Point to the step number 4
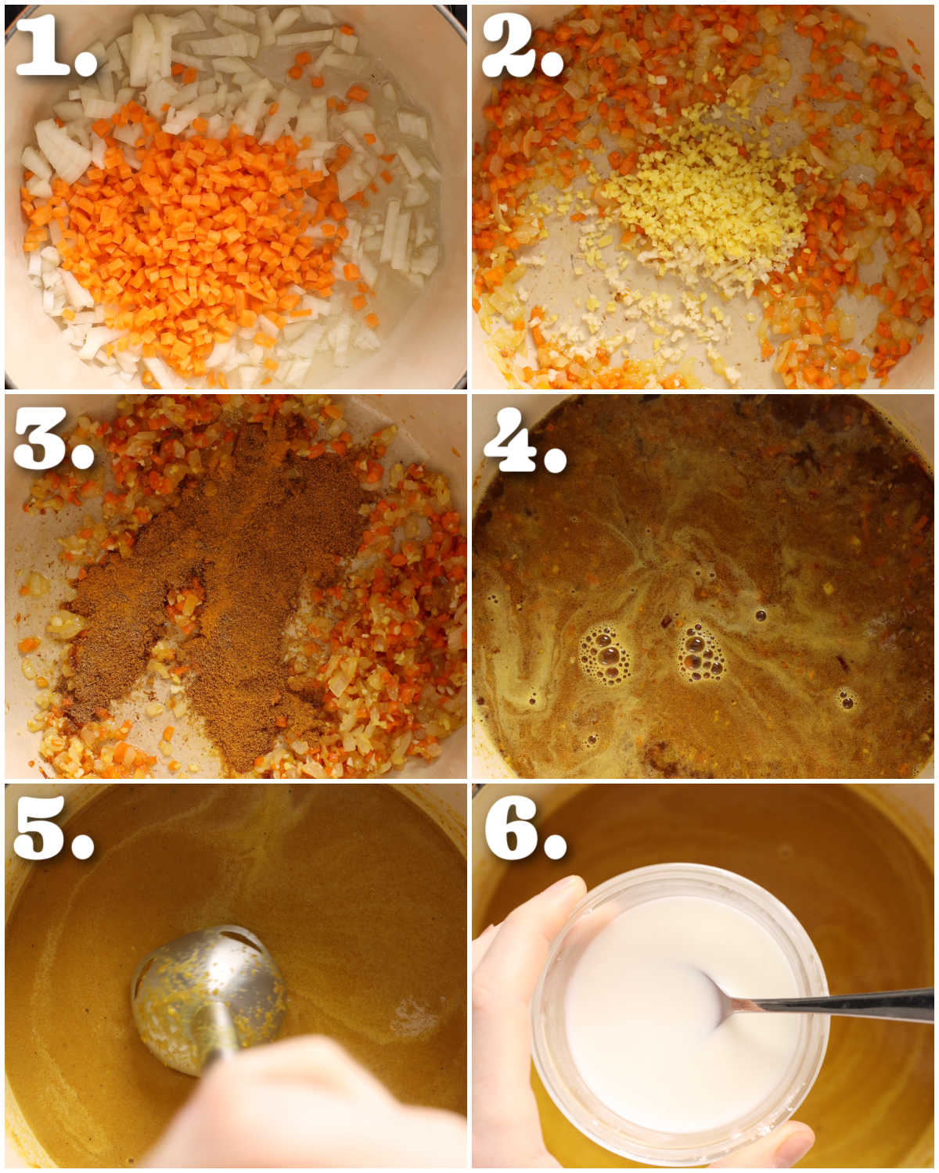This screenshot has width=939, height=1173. [511, 439]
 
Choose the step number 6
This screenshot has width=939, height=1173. [511, 827]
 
